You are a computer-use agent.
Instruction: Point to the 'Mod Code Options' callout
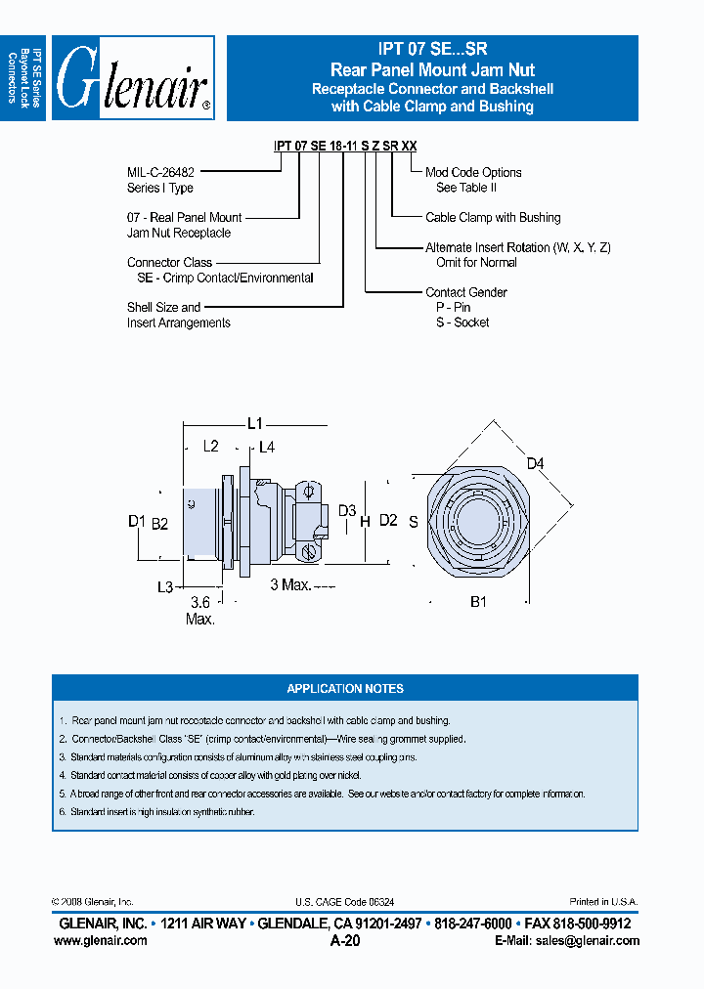click(473, 172)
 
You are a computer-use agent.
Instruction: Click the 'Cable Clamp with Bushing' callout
click(493, 217)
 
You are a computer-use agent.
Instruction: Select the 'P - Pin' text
click(453, 307)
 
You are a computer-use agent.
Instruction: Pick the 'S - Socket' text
click(462, 322)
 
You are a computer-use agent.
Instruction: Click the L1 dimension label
click(254, 423)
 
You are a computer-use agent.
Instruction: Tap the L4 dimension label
click(267, 447)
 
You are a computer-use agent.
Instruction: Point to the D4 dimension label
click(535, 462)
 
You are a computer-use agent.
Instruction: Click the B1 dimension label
click(478, 602)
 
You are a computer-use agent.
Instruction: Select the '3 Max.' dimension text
click(289, 584)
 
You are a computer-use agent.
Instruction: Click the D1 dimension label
click(136, 521)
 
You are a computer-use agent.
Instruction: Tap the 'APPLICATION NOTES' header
click(345, 688)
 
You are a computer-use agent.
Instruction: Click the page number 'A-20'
click(345, 941)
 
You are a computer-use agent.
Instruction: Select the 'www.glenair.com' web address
click(100, 940)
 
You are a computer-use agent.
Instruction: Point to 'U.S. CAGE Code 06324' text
click(344, 902)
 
